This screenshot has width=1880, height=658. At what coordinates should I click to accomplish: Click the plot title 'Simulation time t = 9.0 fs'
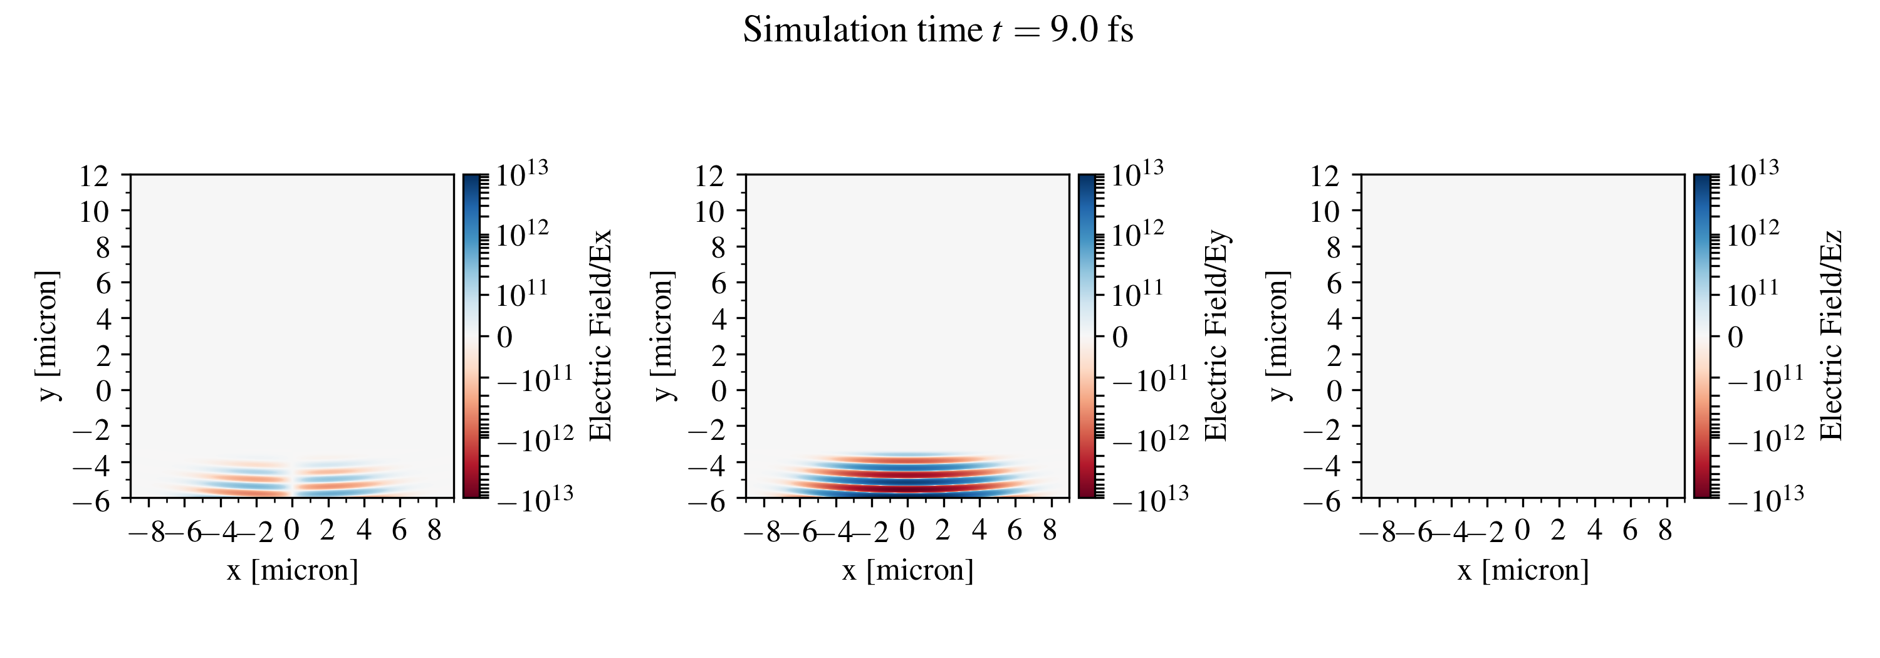(x=938, y=31)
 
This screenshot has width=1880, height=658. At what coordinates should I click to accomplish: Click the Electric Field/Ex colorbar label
(x=600, y=335)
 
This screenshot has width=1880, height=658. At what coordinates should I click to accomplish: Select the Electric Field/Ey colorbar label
(x=1216, y=335)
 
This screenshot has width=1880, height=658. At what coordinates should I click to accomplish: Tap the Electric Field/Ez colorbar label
(x=1832, y=335)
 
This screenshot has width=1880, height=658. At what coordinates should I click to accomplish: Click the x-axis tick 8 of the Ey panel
(x=1050, y=530)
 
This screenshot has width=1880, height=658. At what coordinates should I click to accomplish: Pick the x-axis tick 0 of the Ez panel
(x=1522, y=530)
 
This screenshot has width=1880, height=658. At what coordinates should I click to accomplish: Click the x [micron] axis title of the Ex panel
(x=292, y=570)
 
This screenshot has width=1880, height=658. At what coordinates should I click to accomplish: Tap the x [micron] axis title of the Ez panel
(x=1523, y=570)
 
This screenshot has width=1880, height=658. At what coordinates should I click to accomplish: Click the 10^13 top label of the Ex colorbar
(x=522, y=174)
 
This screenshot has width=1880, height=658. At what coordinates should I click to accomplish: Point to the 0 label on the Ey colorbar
(x=1119, y=337)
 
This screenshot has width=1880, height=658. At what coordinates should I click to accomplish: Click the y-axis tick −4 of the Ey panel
(x=707, y=462)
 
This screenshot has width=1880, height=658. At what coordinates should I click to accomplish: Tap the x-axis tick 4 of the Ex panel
(x=364, y=530)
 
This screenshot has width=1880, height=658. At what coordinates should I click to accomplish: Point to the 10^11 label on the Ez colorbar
(x=1753, y=293)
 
